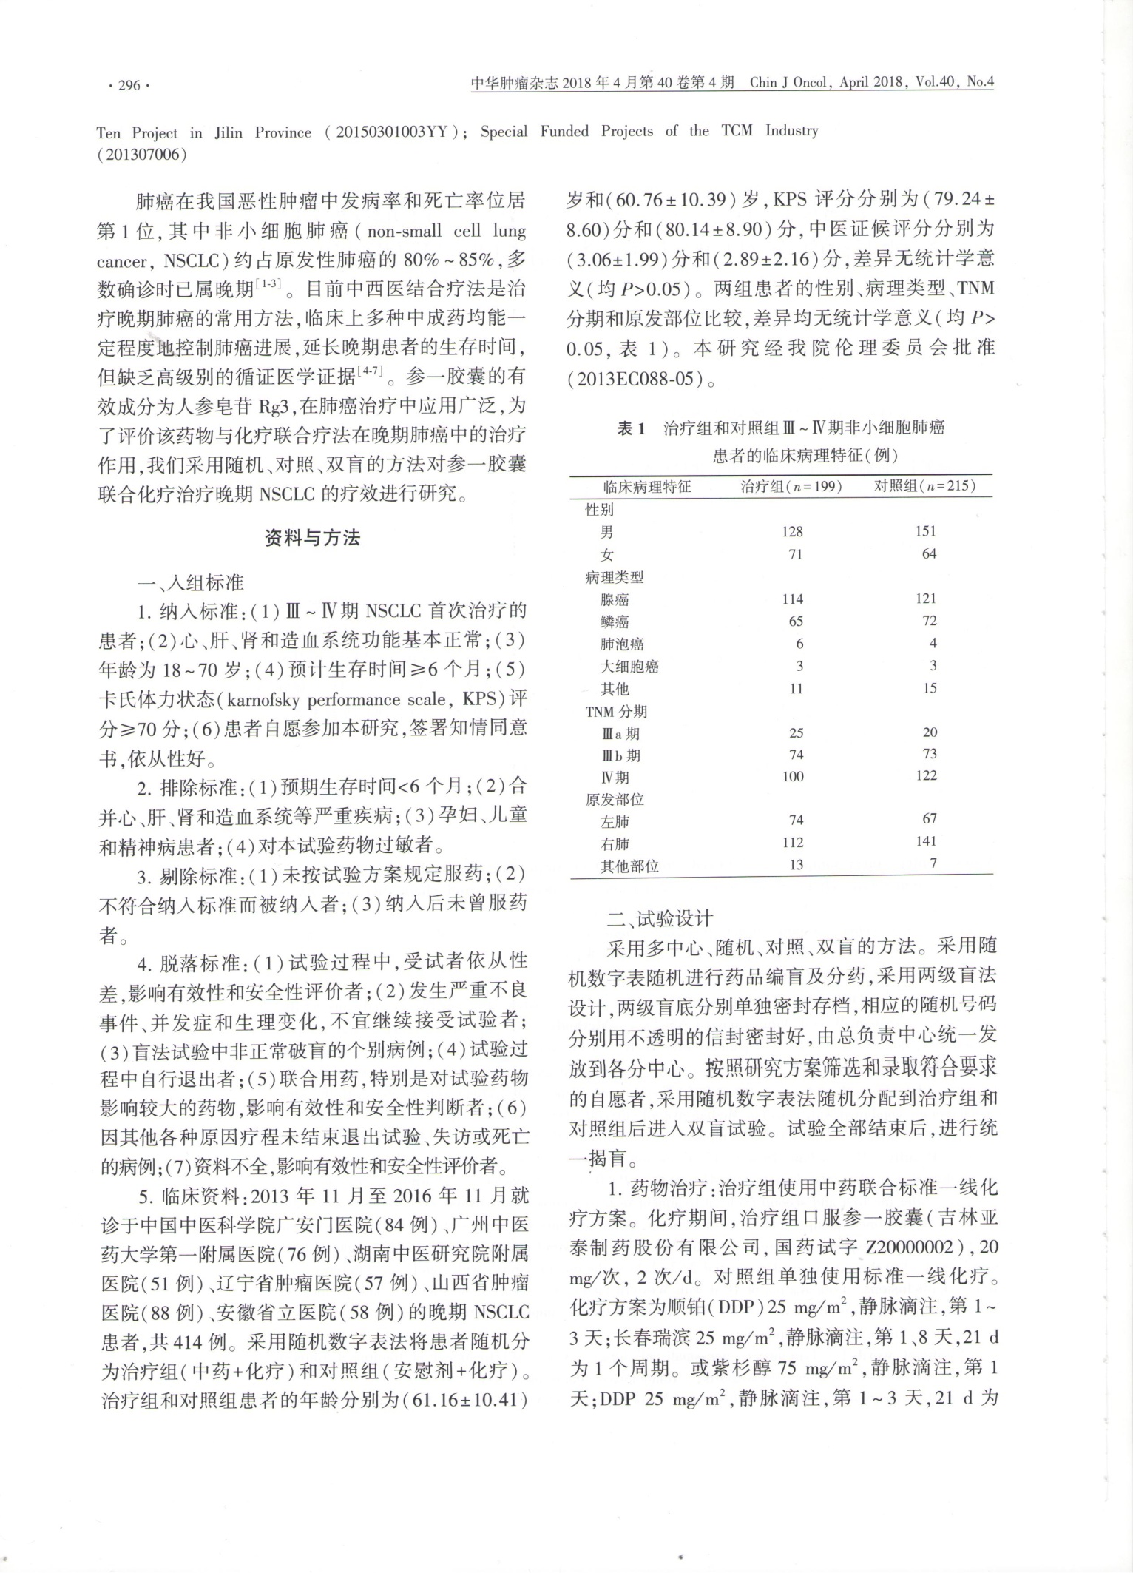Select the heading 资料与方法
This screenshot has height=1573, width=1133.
[312, 538]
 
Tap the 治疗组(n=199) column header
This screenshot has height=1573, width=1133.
[791, 486]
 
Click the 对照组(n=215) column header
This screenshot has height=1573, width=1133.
[924, 486]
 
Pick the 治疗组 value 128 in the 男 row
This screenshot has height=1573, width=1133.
[792, 531]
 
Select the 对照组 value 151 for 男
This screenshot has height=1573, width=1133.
[925, 531]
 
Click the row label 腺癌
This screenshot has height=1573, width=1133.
[615, 599]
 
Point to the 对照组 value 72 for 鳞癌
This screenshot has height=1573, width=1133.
[929, 621]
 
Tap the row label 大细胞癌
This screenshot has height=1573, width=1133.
[629, 666]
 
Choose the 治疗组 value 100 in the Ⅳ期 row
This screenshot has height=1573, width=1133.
[793, 776]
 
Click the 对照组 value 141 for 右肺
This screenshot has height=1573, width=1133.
[925, 841]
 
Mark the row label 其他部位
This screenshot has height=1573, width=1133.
[629, 865]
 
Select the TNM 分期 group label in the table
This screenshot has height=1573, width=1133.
[616, 711]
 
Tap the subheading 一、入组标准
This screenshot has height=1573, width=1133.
[191, 582]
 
